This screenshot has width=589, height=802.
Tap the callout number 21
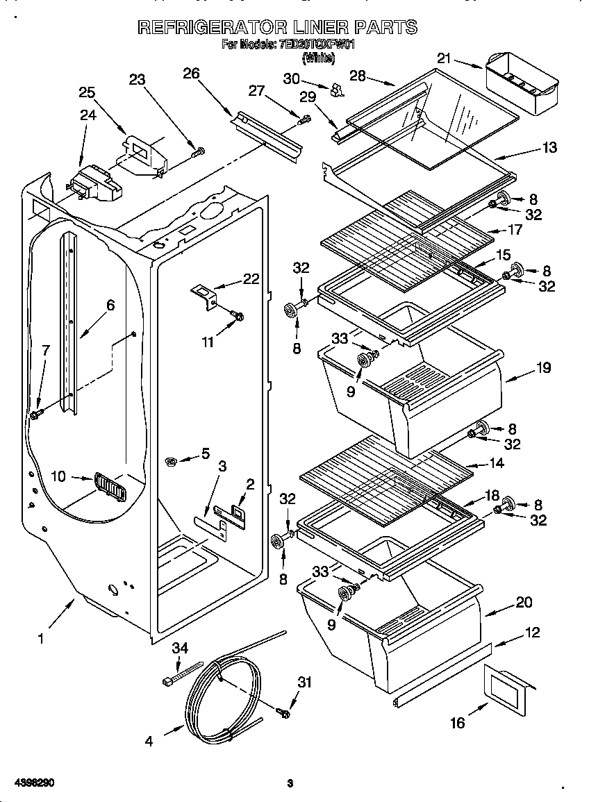(445, 59)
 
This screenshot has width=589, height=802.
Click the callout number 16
(457, 723)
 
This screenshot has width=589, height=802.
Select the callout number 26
(190, 72)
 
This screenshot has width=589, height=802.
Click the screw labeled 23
(199, 150)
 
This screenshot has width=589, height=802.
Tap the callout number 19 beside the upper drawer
(542, 367)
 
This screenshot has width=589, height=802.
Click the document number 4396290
(28, 783)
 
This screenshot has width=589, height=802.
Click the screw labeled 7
(35, 415)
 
